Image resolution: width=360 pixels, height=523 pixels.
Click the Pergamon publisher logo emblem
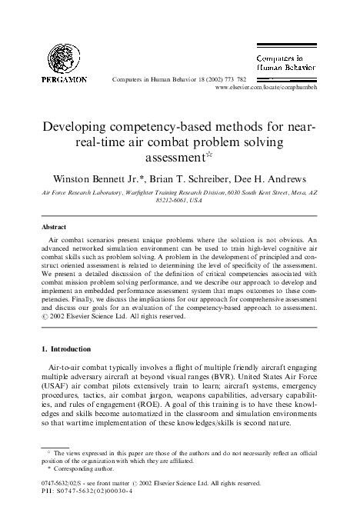[x=64, y=56]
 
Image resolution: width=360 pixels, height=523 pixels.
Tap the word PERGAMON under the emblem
[x=65, y=79]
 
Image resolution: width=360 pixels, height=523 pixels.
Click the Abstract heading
[x=53, y=228]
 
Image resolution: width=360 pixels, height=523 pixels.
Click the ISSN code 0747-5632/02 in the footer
[x=62, y=484]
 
